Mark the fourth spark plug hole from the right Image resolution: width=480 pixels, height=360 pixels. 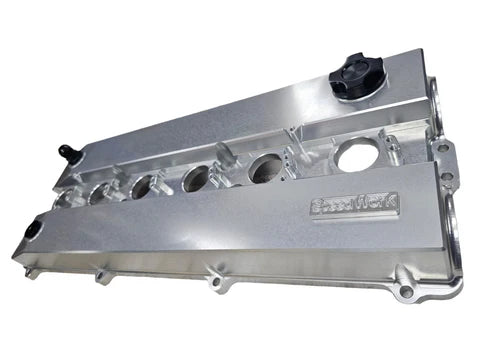tap(143, 185)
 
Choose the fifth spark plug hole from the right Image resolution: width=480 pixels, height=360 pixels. tap(101, 191)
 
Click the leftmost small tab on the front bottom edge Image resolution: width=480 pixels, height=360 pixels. tap(101, 272)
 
